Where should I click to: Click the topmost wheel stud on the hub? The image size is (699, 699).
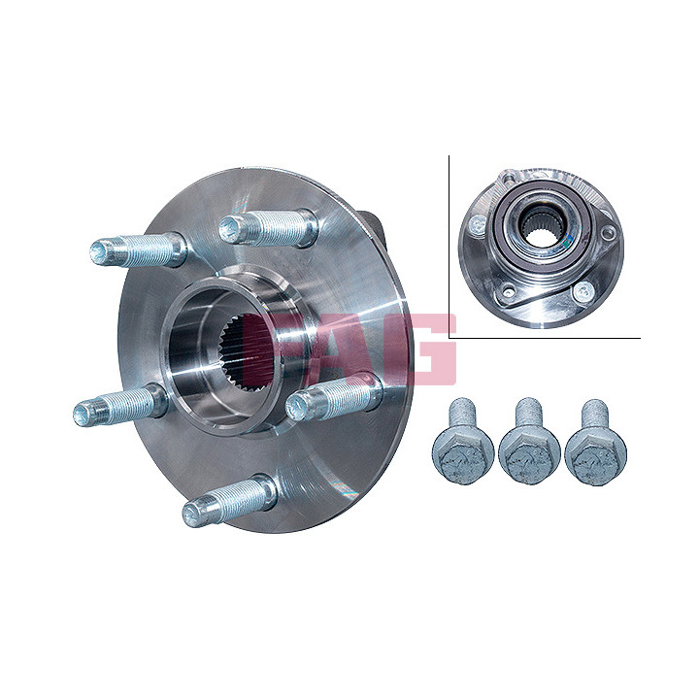pyautogui.click(x=269, y=228)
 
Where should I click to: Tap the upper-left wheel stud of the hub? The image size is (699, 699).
pyautogui.click(x=138, y=250)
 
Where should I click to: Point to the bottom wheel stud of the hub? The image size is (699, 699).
pyautogui.click(x=229, y=501)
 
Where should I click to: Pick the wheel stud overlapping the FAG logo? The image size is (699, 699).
pyautogui.click(x=334, y=397)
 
